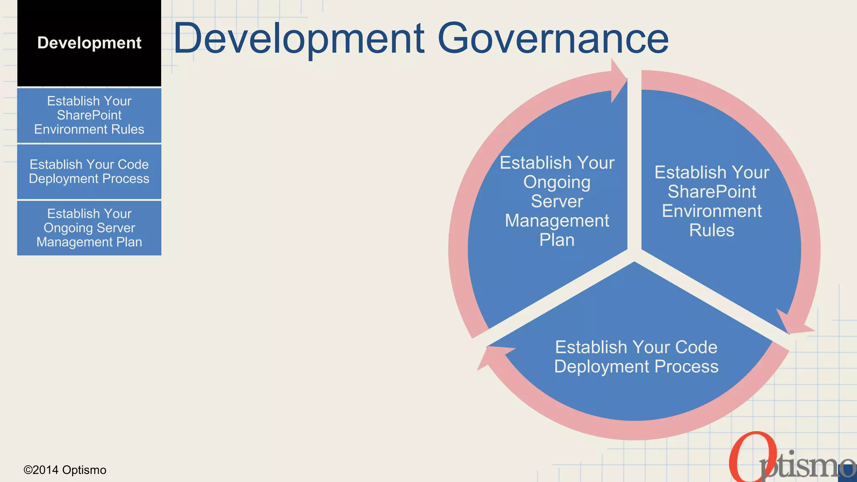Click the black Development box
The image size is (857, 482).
(89, 43)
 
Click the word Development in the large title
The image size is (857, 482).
(299, 38)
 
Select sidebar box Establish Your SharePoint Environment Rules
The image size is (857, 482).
(89, 115)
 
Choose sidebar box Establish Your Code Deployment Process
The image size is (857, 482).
(89, 172)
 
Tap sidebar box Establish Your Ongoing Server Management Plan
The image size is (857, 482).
(89, 228)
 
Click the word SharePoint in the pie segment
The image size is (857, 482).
(711, 192)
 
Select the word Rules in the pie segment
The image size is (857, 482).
(711, 231)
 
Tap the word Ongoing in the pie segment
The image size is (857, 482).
(557, 182)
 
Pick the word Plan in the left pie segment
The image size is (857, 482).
(557, 240)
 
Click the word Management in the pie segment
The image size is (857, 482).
(557, 220)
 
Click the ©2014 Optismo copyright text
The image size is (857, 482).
(65, 470)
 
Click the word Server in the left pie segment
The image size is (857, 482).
(557, 202)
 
